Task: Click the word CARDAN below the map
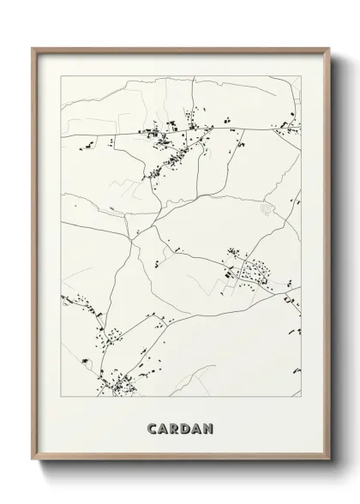(x=179, y=427)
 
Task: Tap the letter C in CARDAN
(x=152, y=427)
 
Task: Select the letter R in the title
(x=174, y=427)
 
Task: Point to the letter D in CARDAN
(x=185, y=427)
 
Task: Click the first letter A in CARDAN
(x=163, y=427)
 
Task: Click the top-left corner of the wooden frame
(x=33, y=48)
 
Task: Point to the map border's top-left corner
(x=60, y=76)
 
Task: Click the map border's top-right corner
(x=301, y=76)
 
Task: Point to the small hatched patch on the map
(x=266, y=209)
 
